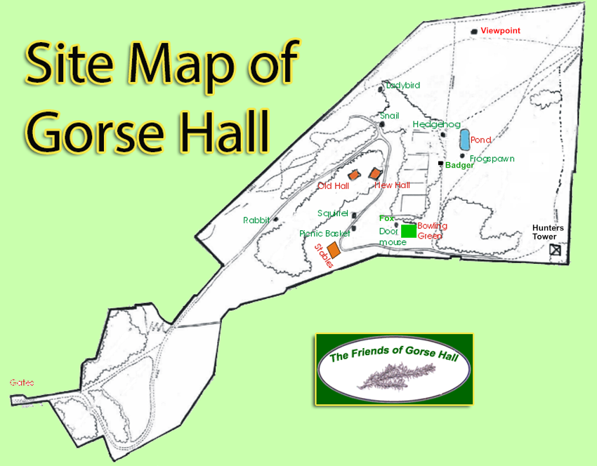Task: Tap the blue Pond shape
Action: coord(464,139)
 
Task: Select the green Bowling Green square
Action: coord(408,232)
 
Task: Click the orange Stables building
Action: coord(334,250)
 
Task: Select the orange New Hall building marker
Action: coord(375,173)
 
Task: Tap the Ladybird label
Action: coord(402,86)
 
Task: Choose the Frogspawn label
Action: coord(492,159)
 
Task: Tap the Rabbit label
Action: coord(256,220)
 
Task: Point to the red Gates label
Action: coord(22,382)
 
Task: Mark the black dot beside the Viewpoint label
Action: coord(473,32)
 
